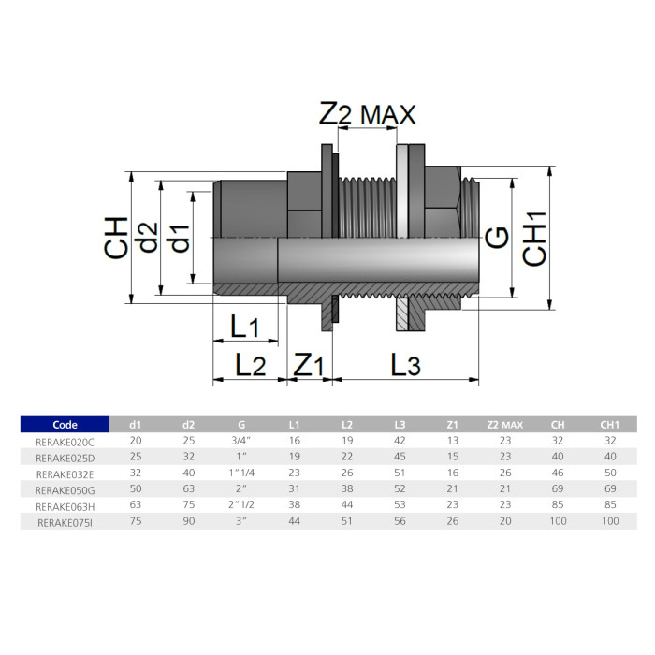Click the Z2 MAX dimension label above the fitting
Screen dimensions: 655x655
[x=367, y=114]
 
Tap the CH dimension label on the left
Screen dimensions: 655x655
[x=116, y=237]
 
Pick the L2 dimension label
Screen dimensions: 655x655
[x=249, y=364]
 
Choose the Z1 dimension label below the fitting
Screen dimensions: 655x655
[x=308, y=364]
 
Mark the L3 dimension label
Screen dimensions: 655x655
[x=405, y=364]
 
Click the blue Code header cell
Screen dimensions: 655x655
[x=65, y=424]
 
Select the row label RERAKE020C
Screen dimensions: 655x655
[x=65, y=440]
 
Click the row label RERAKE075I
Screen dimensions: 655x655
[x=65, y=521]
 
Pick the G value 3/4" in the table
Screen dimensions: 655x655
[x=242, y=440]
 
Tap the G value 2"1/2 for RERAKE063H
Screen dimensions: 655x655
[x=242, y=505]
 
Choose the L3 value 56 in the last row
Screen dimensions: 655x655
[x=400, y=521]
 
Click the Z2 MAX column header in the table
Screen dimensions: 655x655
[x=505, y=424]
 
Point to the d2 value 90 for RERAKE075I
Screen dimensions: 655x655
[x=189, y=521]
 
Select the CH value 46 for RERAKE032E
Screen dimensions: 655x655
[x=558, y=473]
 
